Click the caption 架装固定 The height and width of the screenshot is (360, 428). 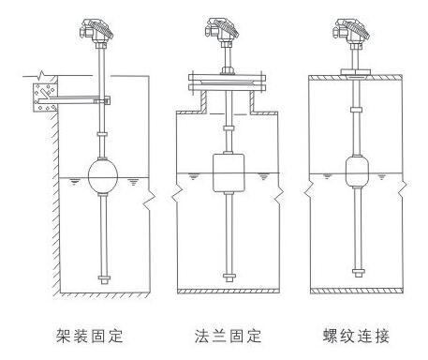pyautogui.click(x=90, y=336)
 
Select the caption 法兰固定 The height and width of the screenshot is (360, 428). pyautogui.click(x=228, y=336)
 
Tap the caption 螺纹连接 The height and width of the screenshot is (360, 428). pyautogui.click(x=356, y=336)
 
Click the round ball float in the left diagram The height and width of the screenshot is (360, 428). pyautogui.click(x=103, y=176)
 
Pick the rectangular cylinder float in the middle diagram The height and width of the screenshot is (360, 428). pyautogui.click(x=229, y=172)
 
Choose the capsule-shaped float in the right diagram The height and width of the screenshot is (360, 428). pyautogui.click(x=357, y=172)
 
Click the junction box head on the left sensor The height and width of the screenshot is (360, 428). pyautogui.click(x=96, y=30)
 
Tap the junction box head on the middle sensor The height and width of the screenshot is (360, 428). pyautogui.click(x=222, y=30)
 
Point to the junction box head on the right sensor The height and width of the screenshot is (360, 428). pyautogui.click(x=351, y=30)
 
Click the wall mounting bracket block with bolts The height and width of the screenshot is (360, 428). pyautogui.click(x=46, y=97)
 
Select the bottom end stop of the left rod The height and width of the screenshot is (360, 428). pyautogui.click(x=104, y=278)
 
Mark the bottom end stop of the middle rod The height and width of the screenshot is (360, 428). pyautogui.click(x=229, y=277)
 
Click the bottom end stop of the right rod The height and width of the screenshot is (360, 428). pyautogui.click(x=358, y=273)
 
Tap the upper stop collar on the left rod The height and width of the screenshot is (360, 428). pyautogui.click(x=102, y=134)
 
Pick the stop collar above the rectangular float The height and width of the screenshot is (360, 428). pyautogui.click(x=229, y=128)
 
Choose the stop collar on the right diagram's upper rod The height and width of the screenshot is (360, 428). pyautogui.click(x=356, y=110)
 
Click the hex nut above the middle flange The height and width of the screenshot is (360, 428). pyautogui.click(x=228, y=70)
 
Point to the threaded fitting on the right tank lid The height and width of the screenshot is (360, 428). pyautogui.click(x=356, y=72)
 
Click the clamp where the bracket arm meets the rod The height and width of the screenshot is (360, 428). pyautogui.click(x=104, y=100)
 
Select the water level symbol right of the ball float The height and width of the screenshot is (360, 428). pyautogui.click(x=134, y=182)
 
